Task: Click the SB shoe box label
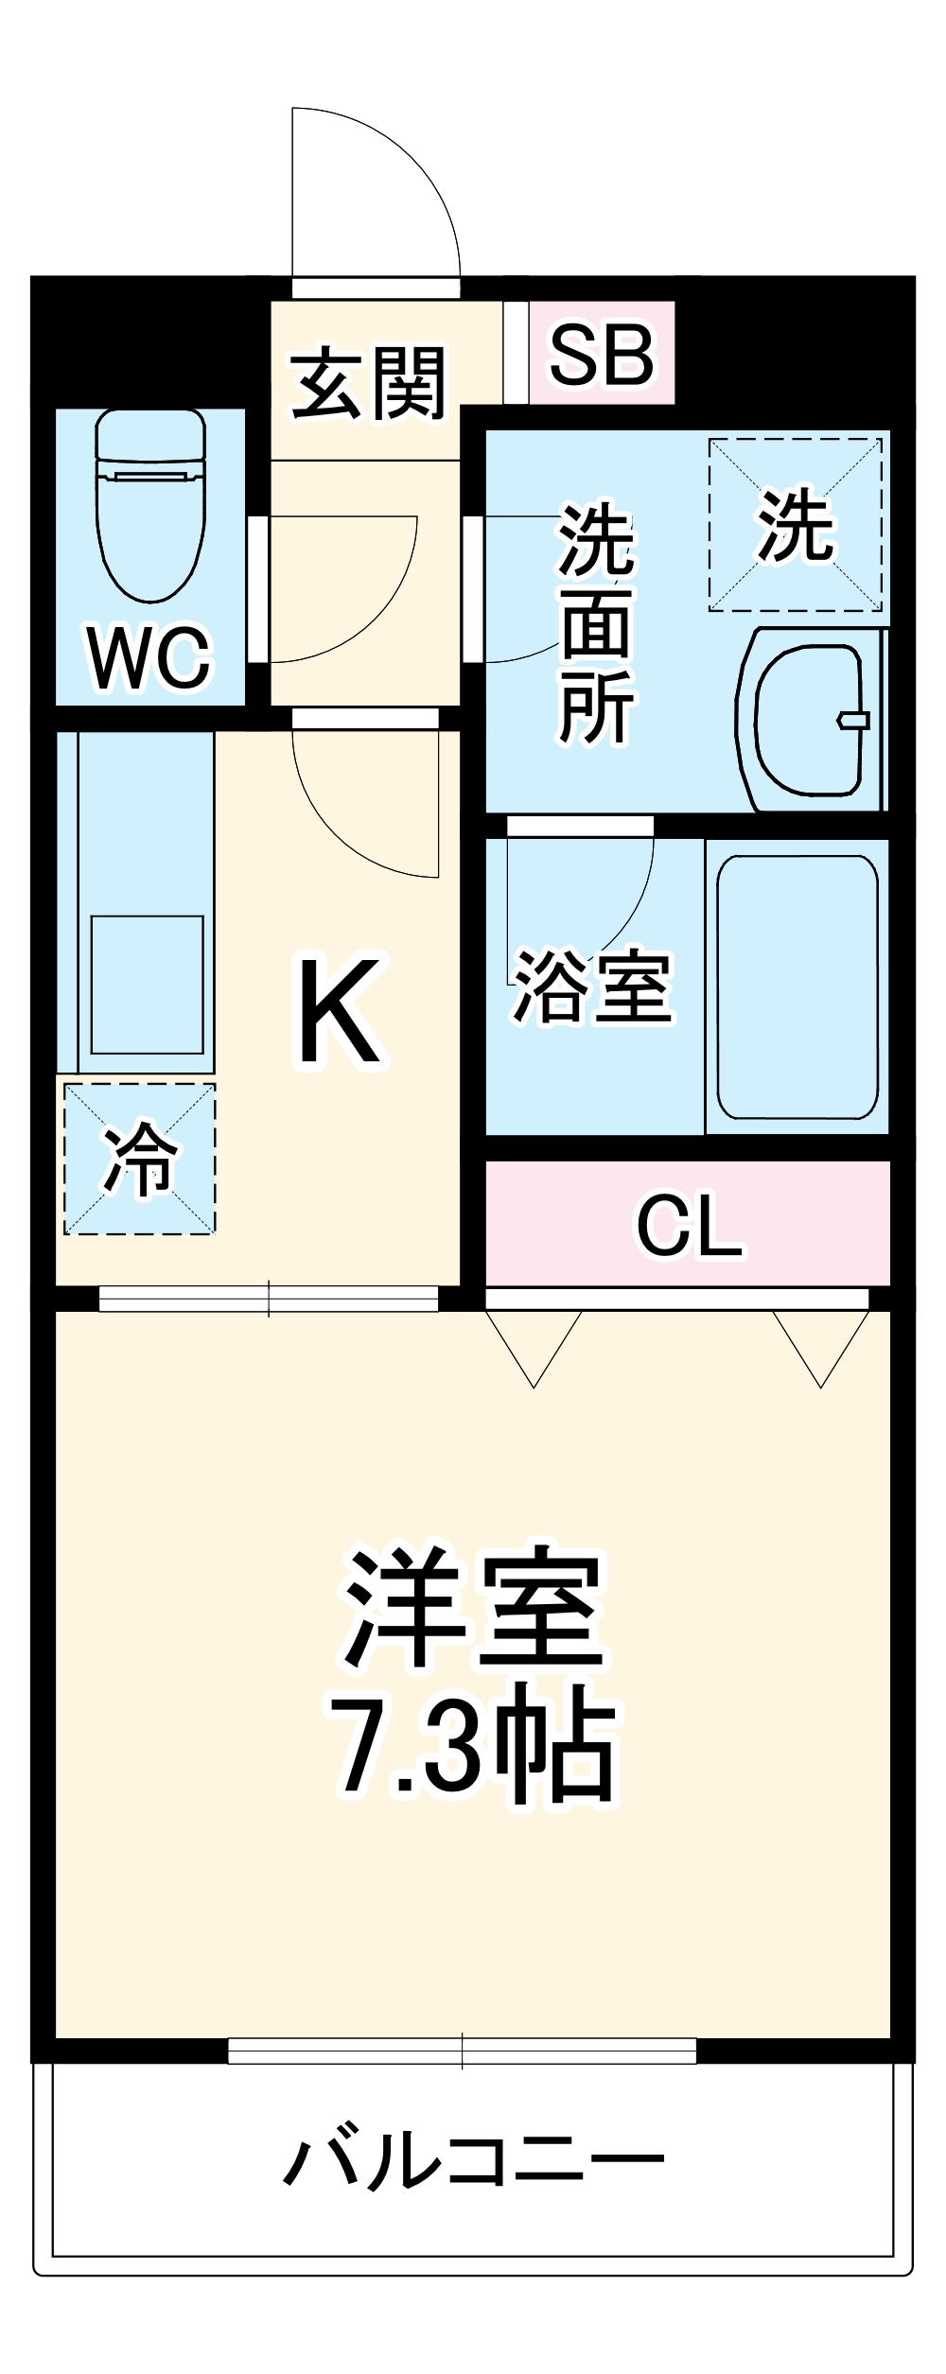point(602,355)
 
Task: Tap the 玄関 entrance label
point(368,383)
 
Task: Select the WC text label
point(149,658)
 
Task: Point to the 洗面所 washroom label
point(596,624)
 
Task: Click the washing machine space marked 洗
point(796,525)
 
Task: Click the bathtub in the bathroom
point(797,986)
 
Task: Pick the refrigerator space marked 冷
point(140,1159)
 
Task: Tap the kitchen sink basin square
point(147,984)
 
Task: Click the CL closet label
point(690,1226)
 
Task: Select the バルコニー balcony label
point(474,2161)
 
